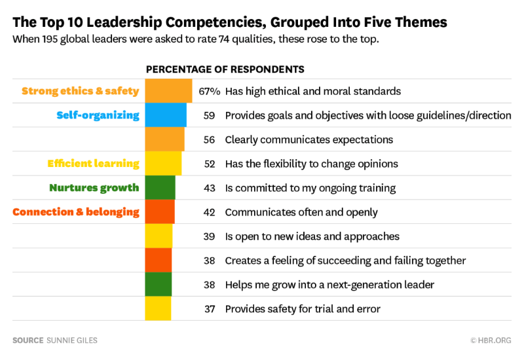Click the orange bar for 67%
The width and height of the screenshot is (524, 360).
click(168, 91)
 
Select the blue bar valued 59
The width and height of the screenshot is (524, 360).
click(166, 115)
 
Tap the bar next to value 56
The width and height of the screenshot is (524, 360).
click(164, 139)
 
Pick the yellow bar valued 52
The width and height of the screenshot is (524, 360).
click(163, 164)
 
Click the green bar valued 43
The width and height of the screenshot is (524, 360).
click(160, 188)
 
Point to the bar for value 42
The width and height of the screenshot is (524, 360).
click(160, 212)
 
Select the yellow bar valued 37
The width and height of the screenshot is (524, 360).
click(158, 308)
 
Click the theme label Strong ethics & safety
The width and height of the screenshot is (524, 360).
click(81, 91)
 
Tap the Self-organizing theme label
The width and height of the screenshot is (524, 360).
click(98, 115)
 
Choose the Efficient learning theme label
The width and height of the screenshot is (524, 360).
click(93, 164)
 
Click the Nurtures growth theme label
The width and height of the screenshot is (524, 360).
click(94, 188)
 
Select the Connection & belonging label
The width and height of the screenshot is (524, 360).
click(76, 212)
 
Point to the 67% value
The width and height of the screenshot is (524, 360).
click(209, 91)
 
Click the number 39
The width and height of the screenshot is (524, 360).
click(210, 236)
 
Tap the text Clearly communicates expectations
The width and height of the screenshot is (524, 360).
click(309, 139)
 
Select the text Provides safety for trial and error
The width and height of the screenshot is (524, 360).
click(302, 308)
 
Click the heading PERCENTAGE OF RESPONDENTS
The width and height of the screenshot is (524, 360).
click(225, 69)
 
